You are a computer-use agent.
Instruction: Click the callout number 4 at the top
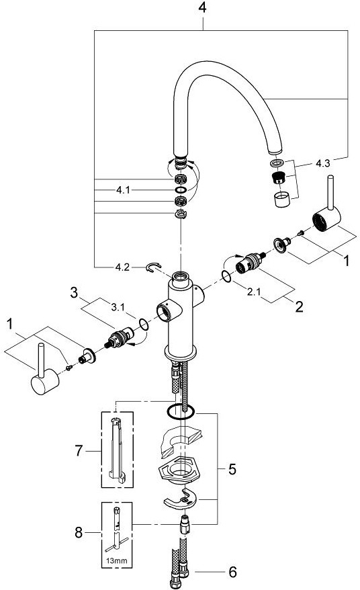[202, 7]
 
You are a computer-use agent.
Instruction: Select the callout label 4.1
[123, 190]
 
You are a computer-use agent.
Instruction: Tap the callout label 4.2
[122, 267]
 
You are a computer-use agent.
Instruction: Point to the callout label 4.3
[322, 164]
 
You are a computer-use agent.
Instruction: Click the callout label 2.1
[254, 292]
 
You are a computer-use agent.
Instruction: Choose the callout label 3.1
[118, 307]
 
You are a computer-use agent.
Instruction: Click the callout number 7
[78, 450]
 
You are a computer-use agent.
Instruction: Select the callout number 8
[78, 533]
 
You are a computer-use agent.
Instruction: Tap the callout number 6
[233, 573]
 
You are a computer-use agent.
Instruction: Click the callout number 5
[232, 469]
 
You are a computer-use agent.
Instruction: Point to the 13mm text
[117, 560]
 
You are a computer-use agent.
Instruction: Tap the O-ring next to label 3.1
[143, 325]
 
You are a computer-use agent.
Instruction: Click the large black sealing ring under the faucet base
[181, 411]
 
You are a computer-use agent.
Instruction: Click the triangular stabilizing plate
[181, 469]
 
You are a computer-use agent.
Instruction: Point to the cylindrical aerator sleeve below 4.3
[282, 200]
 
